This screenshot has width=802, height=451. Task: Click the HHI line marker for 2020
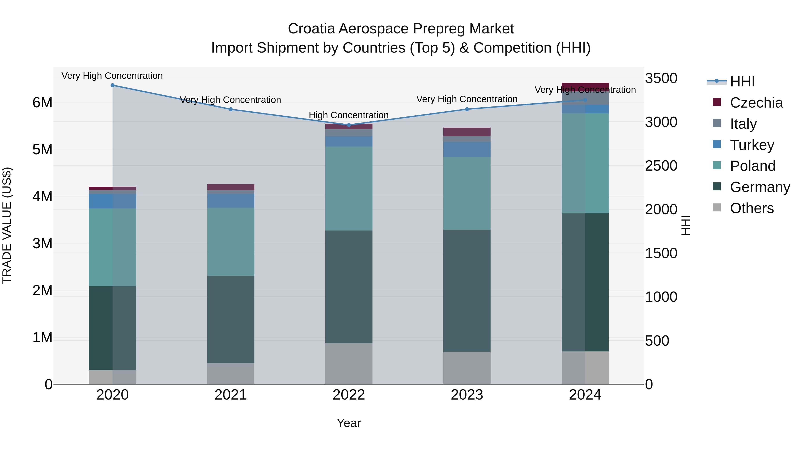[113, 85]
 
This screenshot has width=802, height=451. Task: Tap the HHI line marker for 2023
[467, 109]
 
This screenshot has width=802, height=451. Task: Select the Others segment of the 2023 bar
[467, 368]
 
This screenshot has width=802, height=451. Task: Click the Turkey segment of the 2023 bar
[467, 149]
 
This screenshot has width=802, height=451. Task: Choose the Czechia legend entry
[756, 103]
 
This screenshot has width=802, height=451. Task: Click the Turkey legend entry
[752, 145]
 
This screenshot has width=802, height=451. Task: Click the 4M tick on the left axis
[42, 196]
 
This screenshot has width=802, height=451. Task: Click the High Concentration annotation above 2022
[349, 115]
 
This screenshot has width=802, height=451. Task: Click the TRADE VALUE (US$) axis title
[7, 225]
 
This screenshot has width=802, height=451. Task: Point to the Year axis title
[349, 423]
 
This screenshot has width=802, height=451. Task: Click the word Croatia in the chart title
[311, 29]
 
